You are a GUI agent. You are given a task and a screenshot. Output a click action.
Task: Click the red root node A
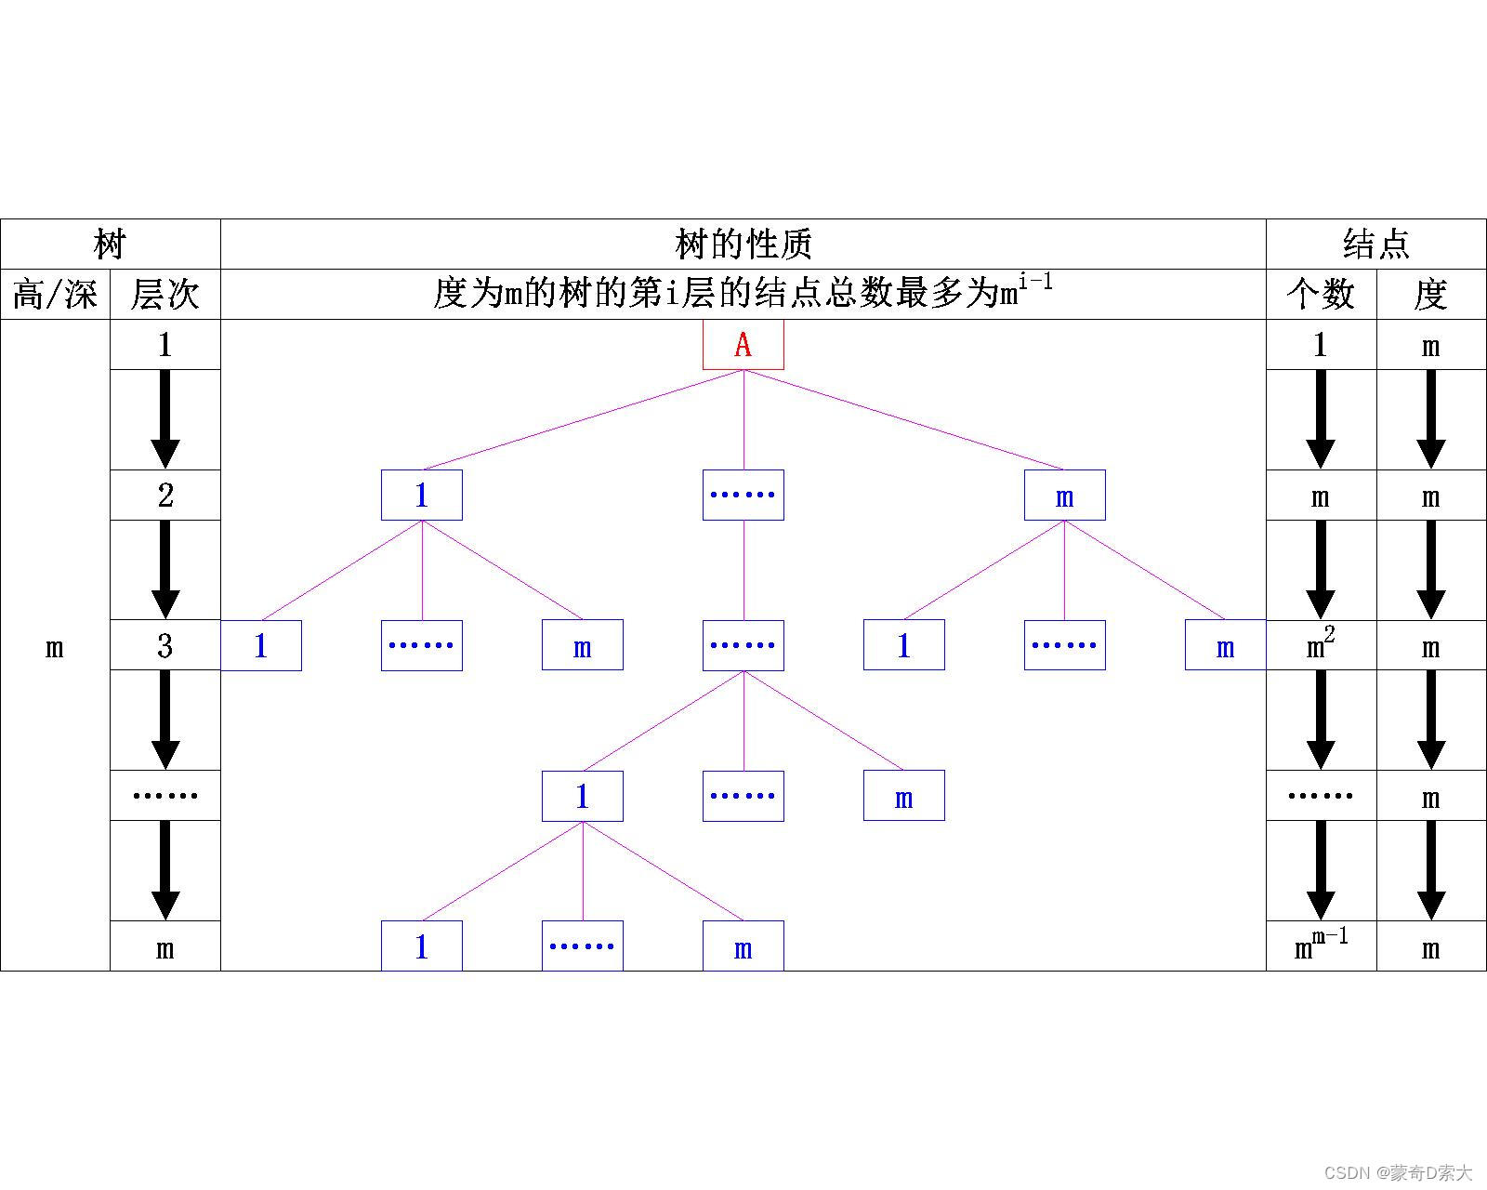pos(743,345)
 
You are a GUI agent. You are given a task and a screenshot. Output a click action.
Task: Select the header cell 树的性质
pos(743,245)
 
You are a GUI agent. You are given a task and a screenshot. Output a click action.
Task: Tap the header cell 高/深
pos(55,295)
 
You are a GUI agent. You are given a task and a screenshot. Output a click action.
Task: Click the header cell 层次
pos(165,295)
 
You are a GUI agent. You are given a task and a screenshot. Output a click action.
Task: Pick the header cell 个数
pos(1321,295)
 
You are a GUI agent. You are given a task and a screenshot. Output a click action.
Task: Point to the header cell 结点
pos(1375,245)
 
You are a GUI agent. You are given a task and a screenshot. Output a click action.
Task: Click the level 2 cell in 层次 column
pos(165,495)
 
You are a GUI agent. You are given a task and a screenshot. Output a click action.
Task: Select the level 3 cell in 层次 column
pos(165,645)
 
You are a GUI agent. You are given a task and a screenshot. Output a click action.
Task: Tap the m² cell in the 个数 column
pos(1321,644)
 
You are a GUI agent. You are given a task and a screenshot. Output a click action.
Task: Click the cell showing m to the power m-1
pos(1321,945)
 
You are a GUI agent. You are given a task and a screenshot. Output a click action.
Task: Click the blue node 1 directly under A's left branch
pos(421,495)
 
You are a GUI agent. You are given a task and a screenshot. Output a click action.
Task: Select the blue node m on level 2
pos(1064,495)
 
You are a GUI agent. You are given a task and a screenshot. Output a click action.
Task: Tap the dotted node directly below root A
pos(743,495)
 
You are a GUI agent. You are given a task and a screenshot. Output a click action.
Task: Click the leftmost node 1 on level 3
pos(261,645)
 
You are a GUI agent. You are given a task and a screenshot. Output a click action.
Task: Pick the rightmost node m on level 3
pos(1225,645)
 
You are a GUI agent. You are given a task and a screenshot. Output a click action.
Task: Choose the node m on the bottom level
pos(743,946)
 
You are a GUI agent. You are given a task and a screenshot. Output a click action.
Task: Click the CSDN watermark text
pos(1399,1172)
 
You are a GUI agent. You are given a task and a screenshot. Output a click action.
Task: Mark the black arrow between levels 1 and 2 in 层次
pos(165,418)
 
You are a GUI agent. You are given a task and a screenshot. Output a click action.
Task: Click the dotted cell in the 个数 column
pos(1321,796)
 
